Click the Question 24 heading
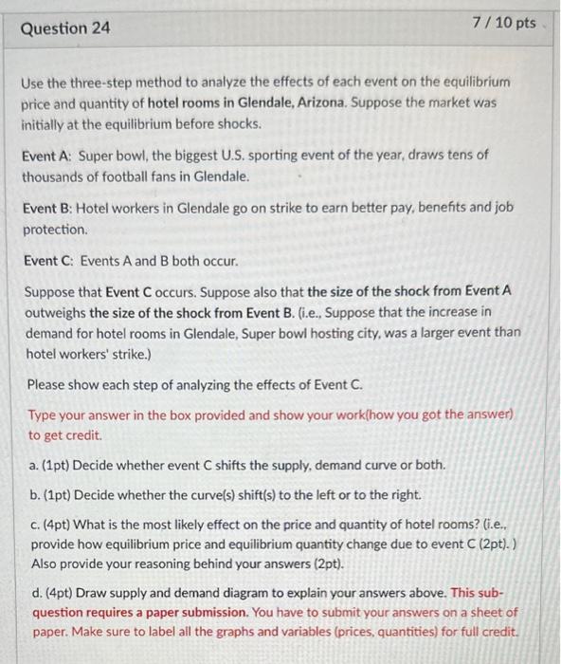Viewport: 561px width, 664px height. pos(65,28)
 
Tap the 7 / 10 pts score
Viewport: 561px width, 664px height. pos(503,23)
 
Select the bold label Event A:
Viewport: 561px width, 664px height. pos(47,155)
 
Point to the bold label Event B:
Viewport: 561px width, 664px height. pos(47,208)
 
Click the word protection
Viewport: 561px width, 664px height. pos(55,230)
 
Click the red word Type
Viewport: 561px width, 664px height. pos(44,415)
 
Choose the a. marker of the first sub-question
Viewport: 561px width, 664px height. pos(35,466)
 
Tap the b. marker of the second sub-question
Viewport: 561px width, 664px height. pos(35,495)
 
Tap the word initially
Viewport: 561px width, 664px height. pos(46,123)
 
